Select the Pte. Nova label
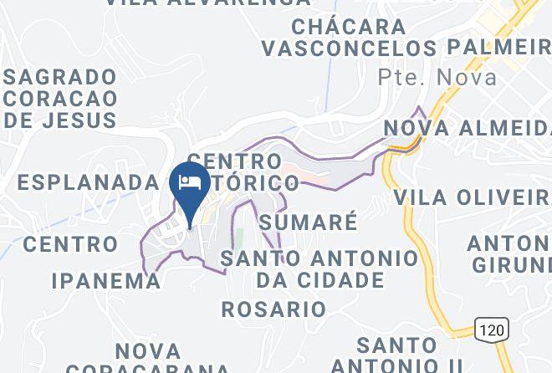pyautogui.click(x=437, y=78)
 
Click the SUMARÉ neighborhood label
pyautogui.click(x=308, y=222)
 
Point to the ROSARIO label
pyautogui.click(x=273, y=309)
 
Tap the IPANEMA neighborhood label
pyautogui.click(x=106, y=280)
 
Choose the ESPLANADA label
pyautogui.click(x=87, y=181)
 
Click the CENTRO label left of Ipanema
pyautogui.click(x=71, y=244)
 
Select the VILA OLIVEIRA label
pyautogui.click(x=472, y=197)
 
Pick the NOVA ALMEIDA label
pyautogui.click(x=467, y=128)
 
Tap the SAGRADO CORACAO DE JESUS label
pyautogui.click(x=60, y=99)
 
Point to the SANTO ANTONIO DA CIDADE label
pyautogui.click(x=319, y=268)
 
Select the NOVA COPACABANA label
pyautogui.click(x=147, y=360)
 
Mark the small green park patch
pyautogui.click(x=238, y=238)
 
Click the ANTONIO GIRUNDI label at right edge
pyautogui.click(x=510, y=254)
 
